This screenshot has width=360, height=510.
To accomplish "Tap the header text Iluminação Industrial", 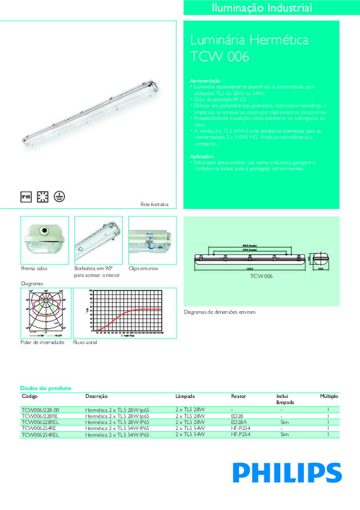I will pos(262,8).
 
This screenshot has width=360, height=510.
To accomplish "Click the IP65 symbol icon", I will pos(25,196).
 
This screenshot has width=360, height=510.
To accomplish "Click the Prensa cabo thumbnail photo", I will pos(44,240).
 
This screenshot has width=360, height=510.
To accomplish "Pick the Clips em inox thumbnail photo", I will pos(152,240).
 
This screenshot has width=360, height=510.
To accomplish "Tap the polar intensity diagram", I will pos(44,312).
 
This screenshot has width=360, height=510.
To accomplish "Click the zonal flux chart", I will pos(129,312).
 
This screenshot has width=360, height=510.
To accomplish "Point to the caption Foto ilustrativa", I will pos(155,204).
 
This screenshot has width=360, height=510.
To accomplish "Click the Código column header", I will pos(29,396).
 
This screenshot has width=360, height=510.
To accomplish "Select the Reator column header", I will pos(238,396).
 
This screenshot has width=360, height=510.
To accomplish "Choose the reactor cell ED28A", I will pos(239,422).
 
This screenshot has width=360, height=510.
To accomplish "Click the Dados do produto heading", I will pos(45,388).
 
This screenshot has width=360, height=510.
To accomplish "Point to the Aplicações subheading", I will pos(201,156).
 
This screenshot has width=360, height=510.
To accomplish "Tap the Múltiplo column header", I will pos(329,396).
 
